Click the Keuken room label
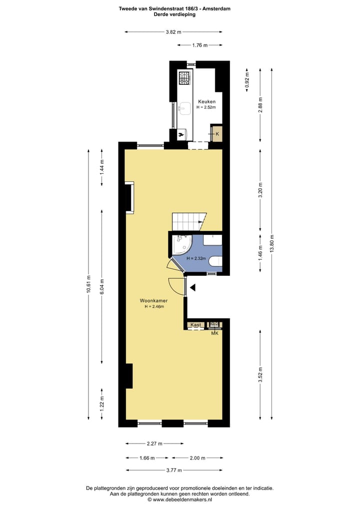(x=206, y=101)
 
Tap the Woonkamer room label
(x=153, y=300)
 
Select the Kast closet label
(x=196, y=325)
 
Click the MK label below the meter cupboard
(x=215, y=333)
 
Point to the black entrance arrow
(x=192, y=287)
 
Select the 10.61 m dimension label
(x=89, y=284)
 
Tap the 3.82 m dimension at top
(x=173, y=32)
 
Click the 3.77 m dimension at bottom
(x=174, y=470)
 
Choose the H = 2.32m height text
(x=196, y=258)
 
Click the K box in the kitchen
(x=217, y=133)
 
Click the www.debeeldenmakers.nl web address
(x=182, y=500)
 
